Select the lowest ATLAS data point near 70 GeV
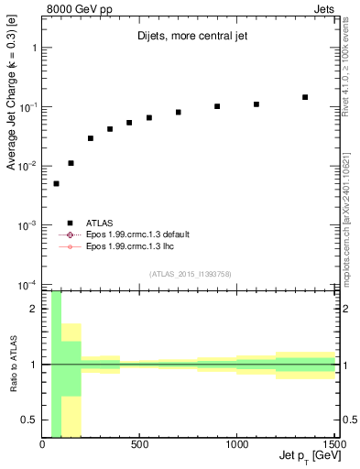point(56,183)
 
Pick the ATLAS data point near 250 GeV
point(91,138)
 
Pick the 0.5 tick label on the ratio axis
point(29,420)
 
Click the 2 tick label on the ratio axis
point(34,309)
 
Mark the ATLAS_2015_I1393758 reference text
point(190,273)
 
